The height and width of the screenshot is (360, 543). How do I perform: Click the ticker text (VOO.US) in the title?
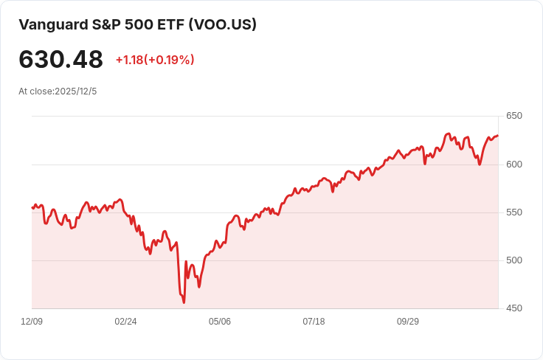coord(223,24)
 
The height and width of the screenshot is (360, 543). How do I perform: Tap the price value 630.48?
coord(60,60)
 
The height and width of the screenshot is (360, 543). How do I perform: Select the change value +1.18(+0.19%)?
coord(155,60)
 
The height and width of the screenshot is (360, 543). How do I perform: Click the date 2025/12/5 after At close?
coord(76,91)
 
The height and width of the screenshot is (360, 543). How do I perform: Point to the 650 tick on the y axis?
coord(514,116)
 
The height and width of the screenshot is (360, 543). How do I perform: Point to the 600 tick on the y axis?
coord(514,165)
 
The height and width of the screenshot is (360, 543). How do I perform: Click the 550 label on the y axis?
coord(514,212)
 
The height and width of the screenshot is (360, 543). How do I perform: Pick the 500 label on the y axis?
coord(514,260)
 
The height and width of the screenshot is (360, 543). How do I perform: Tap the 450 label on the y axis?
coord(514,308)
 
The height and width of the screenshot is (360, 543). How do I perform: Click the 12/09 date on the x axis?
coord(32,322)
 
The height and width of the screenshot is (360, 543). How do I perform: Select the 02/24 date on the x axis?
coord(126,322)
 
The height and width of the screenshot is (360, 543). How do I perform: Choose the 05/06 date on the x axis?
coord(220,322)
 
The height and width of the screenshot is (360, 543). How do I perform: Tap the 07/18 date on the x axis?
coord(314,322)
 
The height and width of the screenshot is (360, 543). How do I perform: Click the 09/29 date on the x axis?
coord(408,322)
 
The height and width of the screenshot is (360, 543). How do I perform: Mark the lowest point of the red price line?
coord(184,302)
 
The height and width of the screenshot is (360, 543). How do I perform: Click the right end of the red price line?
coord(498,136)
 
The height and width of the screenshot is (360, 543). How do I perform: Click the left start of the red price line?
coord(32,208)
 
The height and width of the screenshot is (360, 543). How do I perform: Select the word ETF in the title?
coord(171,24)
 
